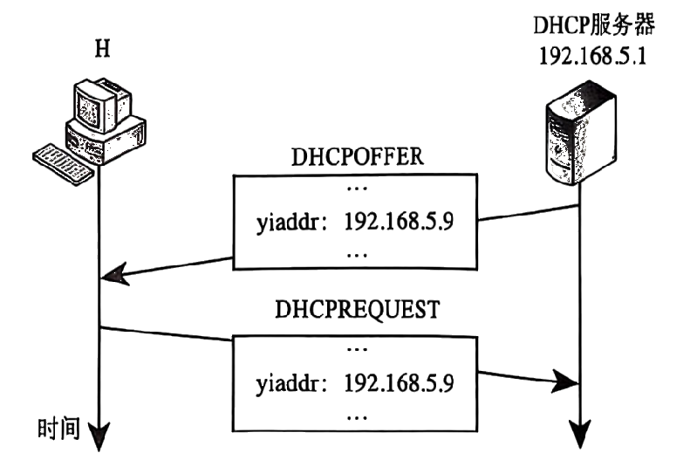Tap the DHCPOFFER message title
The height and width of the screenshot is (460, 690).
click(x=358, y=158)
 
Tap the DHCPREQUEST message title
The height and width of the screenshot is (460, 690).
click(x=358, y=311)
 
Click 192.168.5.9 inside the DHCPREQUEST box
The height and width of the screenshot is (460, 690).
click(x=399, y=381)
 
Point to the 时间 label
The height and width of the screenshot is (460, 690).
click(x=58, y=429)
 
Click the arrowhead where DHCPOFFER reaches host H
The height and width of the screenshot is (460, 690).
click(x=112, y=278)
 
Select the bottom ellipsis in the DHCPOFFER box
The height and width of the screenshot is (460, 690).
click(x=357, y=254)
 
